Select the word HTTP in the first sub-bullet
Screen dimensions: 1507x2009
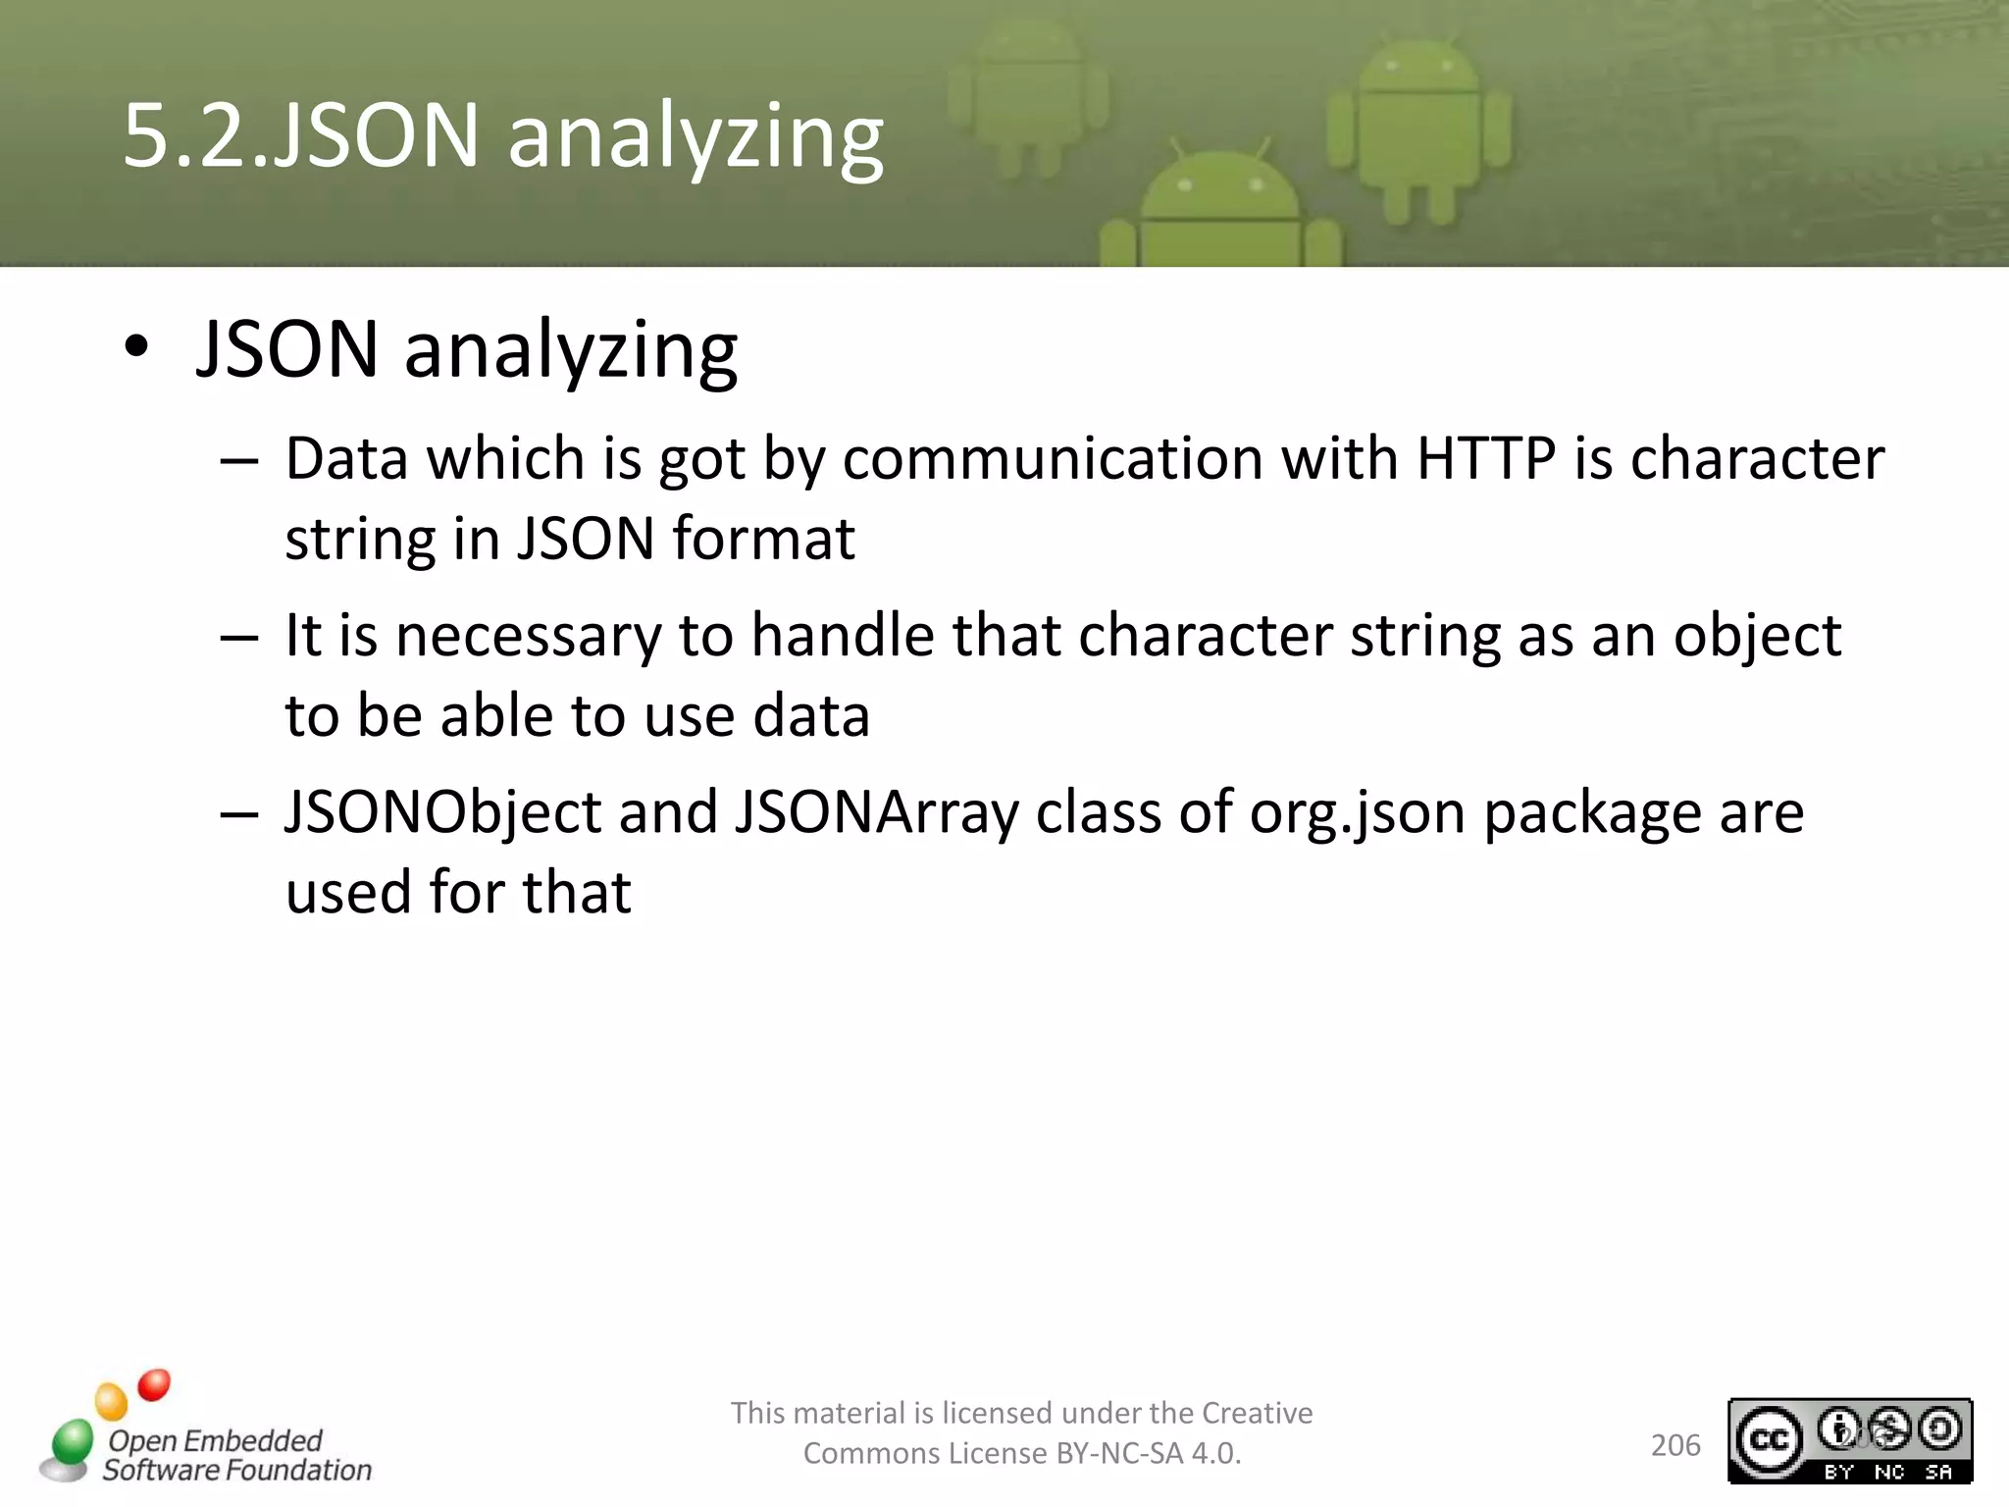(1485, 458)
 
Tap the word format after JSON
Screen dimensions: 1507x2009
(764, 539)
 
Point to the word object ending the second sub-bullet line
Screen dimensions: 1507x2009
(1757, 637)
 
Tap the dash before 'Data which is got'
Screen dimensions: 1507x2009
(239, 460)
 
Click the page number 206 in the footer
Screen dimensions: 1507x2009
(1675, 1445)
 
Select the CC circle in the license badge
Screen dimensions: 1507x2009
(1769, 1438)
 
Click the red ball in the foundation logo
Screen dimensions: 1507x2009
(154, 1384)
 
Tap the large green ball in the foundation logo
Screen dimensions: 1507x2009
(72, 1442)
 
